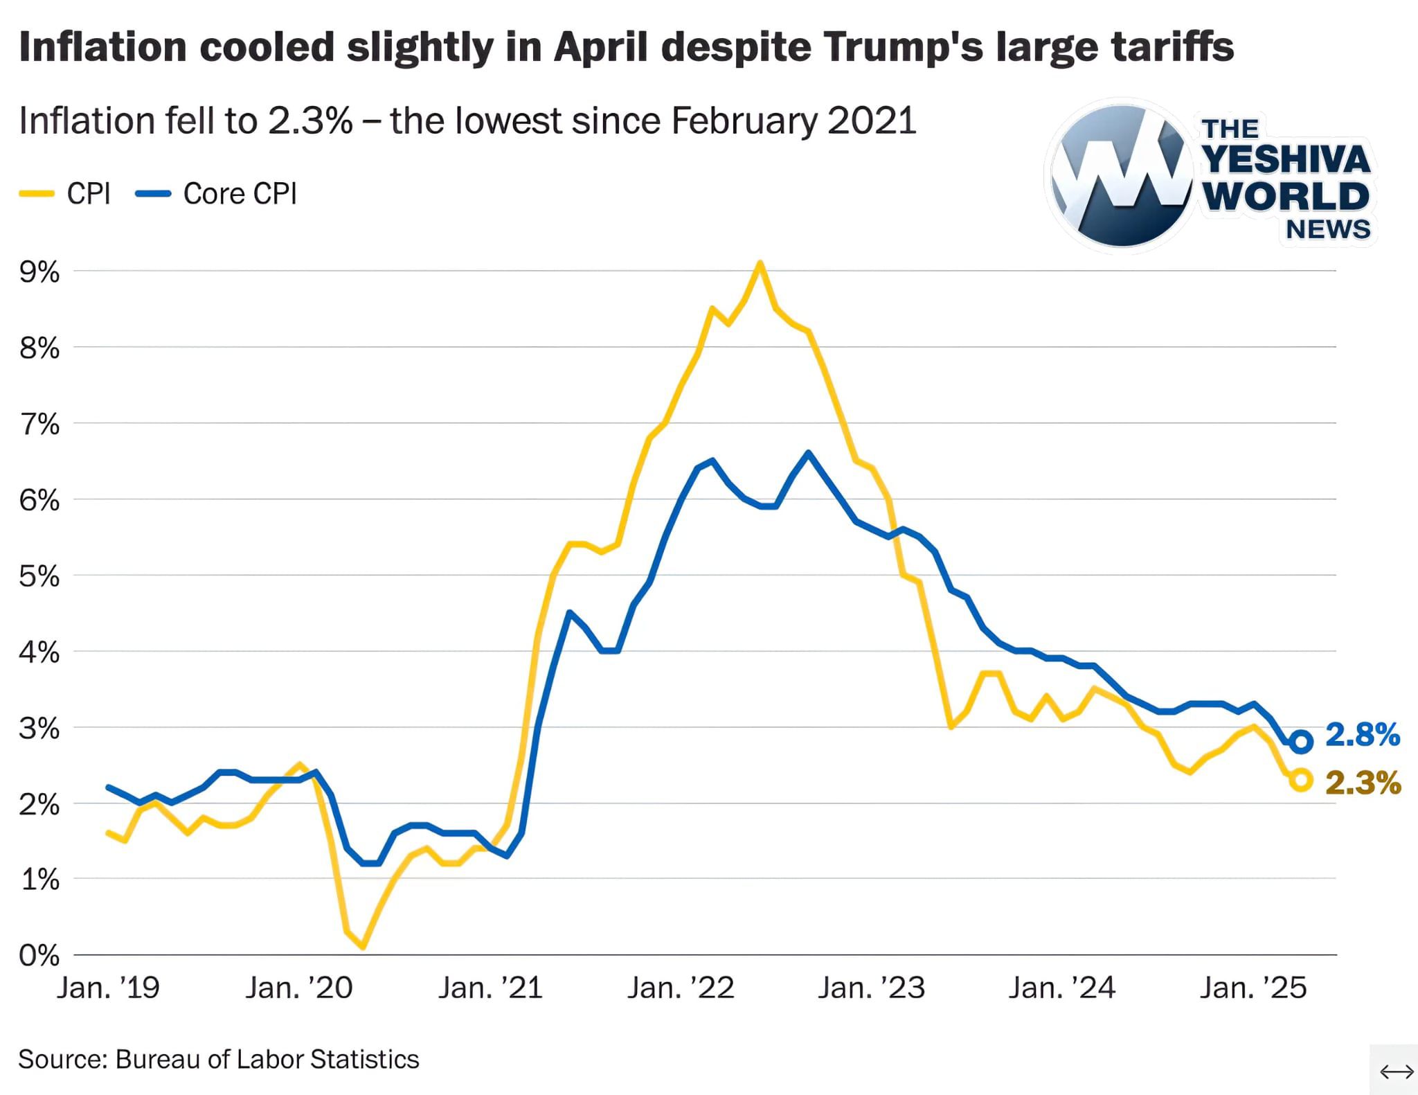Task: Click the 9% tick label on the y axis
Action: pyautogui.click(x=39, y=273)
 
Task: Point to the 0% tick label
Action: pyautogui.click(x=39, y=956)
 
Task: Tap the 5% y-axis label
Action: pyautogui.click(x=39, y=576)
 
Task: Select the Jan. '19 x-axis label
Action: pyautogui.click(x=108, y=988)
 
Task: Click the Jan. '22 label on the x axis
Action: pyautogui.click(x=681, y=988)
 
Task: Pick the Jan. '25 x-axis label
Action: pyautogui.click(x=1253, y=988)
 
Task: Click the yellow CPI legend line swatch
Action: pyautogui.click(x=37, y=195)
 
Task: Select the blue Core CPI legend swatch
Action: pyautogui.click(x=153, y=195)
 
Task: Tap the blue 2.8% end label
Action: pyautogui.click(x=1362, y=735)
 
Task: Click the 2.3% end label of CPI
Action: pyautogui.click(x=1363, y=783)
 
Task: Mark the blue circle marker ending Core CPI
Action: pyautogui.click(x=1302, y=742)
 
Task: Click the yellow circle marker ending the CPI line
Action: pyautogui.click(x=1302, y=780)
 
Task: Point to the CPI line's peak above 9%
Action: pyautogui.click(x=760, y=263)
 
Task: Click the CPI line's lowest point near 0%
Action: pyautogui.click(x=363, y=946)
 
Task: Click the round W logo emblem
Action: pyautogui.click(x=1122, y=176)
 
